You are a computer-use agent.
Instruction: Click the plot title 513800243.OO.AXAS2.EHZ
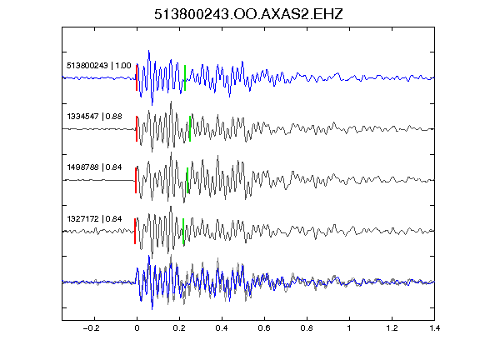(x=248, y=14)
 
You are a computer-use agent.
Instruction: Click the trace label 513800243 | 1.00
(x=99, y=66)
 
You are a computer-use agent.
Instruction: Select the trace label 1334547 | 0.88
(x=95, y=117)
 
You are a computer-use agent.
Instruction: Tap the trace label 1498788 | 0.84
(x=95, y=167)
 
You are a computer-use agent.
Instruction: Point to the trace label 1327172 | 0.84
(x=95, y=219)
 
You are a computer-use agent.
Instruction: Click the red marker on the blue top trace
(x=137, y=77)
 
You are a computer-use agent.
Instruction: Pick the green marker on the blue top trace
(x=185, y=77)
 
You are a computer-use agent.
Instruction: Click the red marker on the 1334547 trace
(x=137, y=129)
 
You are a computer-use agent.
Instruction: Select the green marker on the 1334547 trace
(x=190, y=129)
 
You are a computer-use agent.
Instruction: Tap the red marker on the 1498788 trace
(x=136, y=180)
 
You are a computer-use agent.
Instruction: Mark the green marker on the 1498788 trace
(x=187, y=180)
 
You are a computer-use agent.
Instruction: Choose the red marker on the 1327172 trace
(x=135, y=231)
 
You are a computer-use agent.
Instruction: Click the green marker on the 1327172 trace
(x=183, y=231)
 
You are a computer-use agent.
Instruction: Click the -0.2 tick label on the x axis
(x=92, y=328)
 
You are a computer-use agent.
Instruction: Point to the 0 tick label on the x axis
(x=137, y=328)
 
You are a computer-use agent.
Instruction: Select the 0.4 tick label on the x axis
(x=222, y=328)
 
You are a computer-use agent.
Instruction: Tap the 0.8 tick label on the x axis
(x=307, y=328)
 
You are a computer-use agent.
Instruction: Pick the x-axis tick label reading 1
(x=349, y=328)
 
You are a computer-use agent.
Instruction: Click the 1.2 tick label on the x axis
(x=392, y=328)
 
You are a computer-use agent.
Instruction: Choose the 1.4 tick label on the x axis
(x=434, y=328)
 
